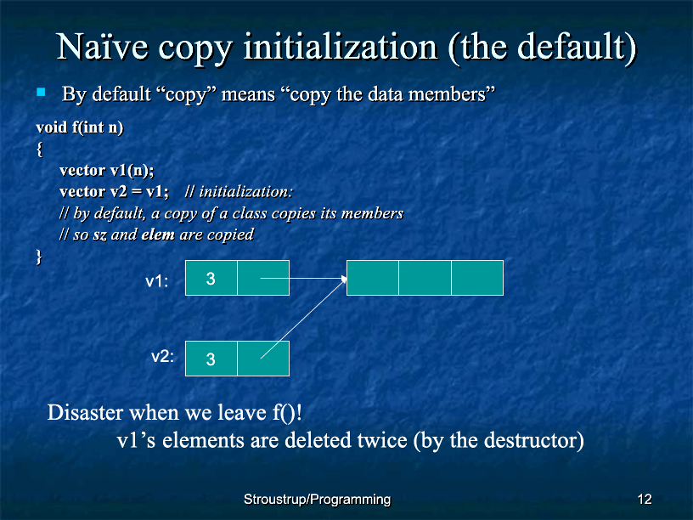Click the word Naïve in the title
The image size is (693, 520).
102,47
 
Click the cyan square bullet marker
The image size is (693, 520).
41,92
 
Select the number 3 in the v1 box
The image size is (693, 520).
211,279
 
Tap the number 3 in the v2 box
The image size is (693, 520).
211,359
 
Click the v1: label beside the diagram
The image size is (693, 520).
157,282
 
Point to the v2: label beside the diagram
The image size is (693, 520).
163,356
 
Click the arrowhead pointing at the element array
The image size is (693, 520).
344,279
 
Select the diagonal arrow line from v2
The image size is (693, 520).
302,319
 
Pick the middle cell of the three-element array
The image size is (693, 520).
425,278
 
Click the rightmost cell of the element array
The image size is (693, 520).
477,278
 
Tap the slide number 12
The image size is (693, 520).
645,500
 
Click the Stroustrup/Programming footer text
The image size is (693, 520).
318,500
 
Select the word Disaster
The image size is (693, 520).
85,413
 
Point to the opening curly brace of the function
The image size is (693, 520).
40,149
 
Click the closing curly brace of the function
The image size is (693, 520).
39,257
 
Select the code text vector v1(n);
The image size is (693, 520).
106,170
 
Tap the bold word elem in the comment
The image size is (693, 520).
158,235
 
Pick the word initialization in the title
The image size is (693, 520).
341,47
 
